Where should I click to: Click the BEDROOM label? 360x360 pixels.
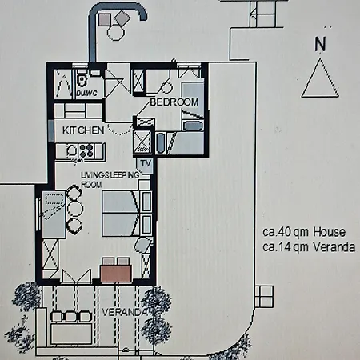tap(174, 102)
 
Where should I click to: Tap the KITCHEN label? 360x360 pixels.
tap(82, 130)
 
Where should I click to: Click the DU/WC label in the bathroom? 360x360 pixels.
tap(86, 93)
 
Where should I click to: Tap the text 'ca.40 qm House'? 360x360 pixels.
tap(304, 232)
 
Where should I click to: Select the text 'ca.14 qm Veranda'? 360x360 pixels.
tap(309, 247)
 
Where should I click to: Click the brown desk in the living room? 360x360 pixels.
tap(117, 271)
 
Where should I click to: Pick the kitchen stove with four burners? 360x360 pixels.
tap(86, 149)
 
